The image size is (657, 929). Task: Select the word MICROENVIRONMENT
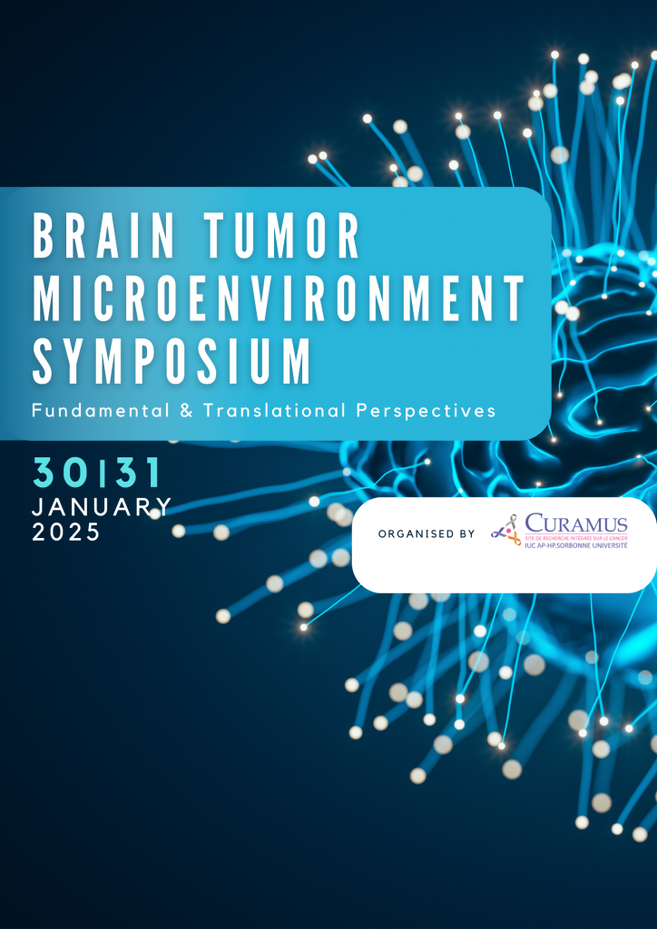click(279, 298)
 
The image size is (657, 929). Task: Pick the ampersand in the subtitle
click(186, 411)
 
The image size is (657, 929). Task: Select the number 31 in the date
click(137, 473)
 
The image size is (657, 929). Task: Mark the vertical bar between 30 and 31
click(103, 473)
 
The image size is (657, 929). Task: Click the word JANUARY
click(102, 507)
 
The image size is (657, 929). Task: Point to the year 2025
click(66, 533)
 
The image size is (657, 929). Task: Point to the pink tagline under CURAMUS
click(575, 537)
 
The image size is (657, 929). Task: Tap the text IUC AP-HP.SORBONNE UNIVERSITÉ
click(575, 545)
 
